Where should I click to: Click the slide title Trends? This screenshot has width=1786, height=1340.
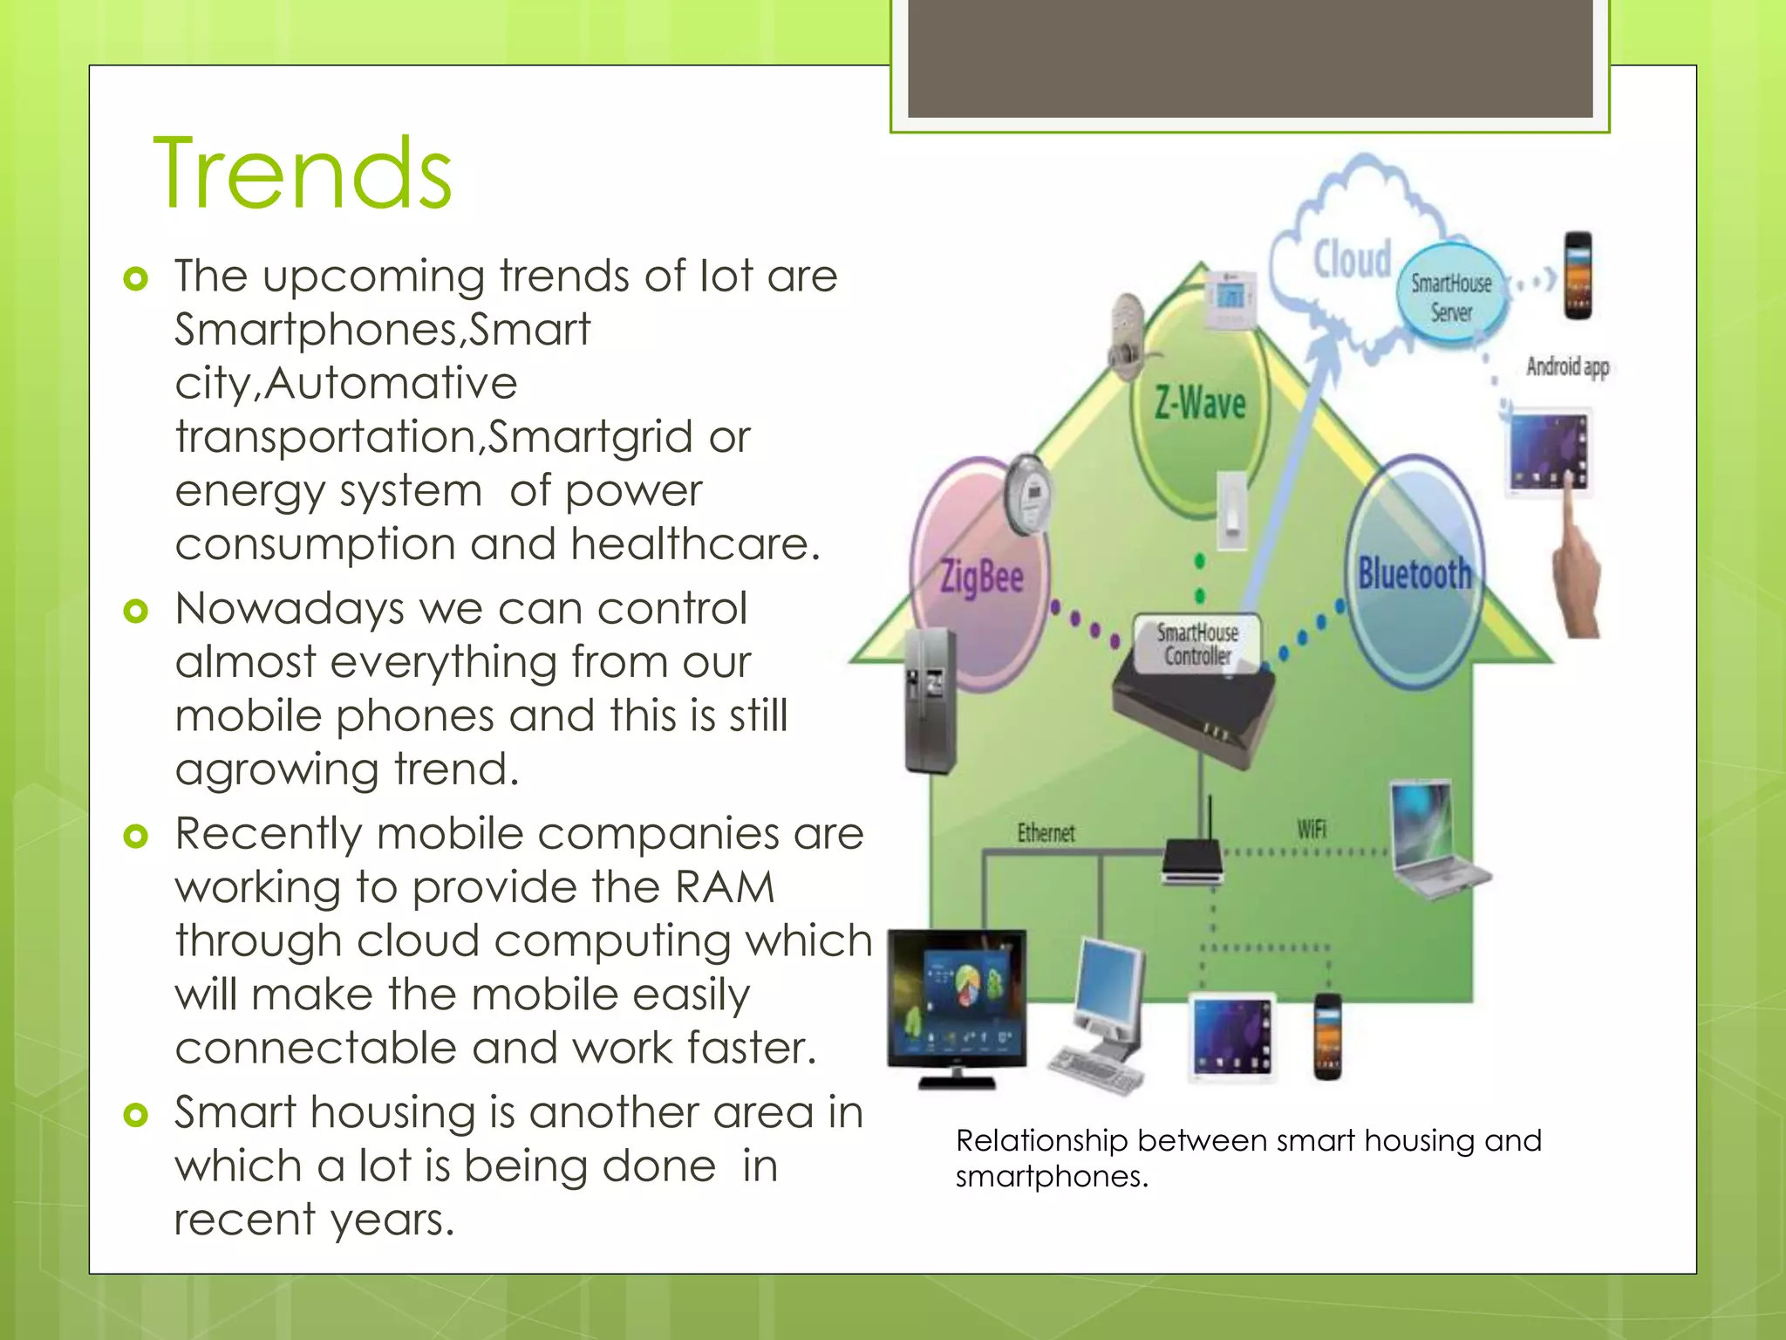(303, 174)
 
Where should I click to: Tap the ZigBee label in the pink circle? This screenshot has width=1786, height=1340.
(981, 577)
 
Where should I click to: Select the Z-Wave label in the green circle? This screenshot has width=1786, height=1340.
(1200, 404)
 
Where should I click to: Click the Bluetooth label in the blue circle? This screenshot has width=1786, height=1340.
(1414, 575)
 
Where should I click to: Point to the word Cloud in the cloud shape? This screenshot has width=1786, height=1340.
(1353, 259)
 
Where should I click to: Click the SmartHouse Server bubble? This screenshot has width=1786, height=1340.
(1451, 297)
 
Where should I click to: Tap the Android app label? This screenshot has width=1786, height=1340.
(1567, 366)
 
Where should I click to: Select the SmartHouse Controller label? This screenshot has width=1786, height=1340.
(1197, 644)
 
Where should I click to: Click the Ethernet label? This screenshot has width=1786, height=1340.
(1046, 833)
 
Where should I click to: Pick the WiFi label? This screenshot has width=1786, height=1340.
(1311, 828)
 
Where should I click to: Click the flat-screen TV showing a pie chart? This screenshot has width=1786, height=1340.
(958, 1003)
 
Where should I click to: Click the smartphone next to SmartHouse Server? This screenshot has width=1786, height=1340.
(1578, 276)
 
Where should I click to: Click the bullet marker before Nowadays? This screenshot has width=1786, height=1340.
(136, 610)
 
